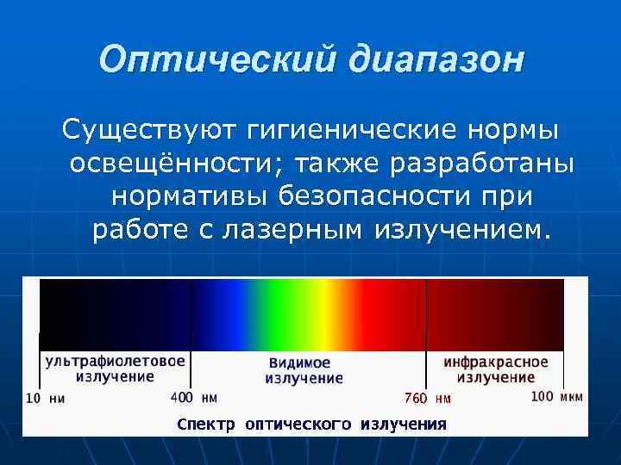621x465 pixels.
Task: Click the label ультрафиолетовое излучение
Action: click(x=115, y=368)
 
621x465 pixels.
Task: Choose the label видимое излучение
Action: click(x=304, y=370)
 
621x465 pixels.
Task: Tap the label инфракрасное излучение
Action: click(x=496, y=369)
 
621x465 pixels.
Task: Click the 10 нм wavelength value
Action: click(x=45, y=398)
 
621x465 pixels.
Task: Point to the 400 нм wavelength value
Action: click(x=193, y=398)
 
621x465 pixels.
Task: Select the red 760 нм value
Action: click(x=428, y=398)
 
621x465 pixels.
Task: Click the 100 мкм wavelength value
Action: click(x=556, y=397)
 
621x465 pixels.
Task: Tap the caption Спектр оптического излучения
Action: click(x=311, y=424)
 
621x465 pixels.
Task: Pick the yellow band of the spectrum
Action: click(x=319, y=314)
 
